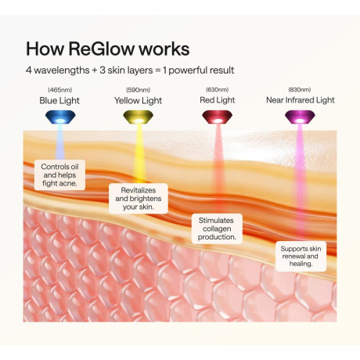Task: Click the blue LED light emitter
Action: (x=60, y=117)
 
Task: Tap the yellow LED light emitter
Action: (x=138, y=117)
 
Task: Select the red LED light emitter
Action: (x=217, y=117)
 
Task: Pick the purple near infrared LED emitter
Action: (x=300, y=117)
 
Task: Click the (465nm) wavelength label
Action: (x=60, y=90)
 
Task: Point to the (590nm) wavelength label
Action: (x=138, y=90)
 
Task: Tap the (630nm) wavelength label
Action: (x=217, y=90)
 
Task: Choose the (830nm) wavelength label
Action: (x=300, y=90)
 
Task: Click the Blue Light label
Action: (x=59, y=101)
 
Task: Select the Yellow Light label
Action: (x=138, y=101)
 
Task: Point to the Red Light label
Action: (x=218, y=100)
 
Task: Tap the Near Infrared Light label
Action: (x=301, y=100)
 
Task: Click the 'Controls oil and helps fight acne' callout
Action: (x=59, y=175)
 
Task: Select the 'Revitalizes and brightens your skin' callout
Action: (x=139, y=199)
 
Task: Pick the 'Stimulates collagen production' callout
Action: (x=217, y=229)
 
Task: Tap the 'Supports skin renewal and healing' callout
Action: (x=301, y=256)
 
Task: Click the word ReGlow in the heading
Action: (x=101, y=49)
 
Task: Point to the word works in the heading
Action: (x=164, y=49)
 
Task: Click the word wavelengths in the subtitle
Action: (x=62, y=70)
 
